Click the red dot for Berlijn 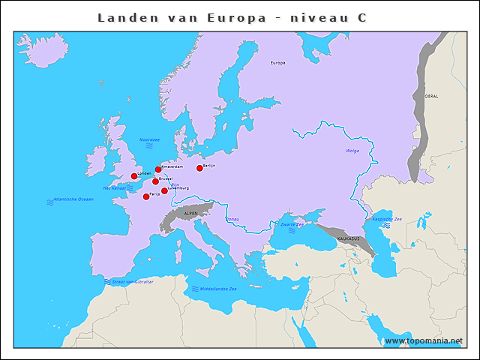click(x=199, y=168)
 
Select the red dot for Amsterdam click(x=158, y=169)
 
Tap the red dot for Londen click(x=134, y=176)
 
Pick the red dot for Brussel click(x=155, y=181)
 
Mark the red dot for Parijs click(x=146, y=196)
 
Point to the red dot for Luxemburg click(x=164, y=190)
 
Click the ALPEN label click(x=190, y=214)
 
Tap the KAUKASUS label click(x=349, y=238)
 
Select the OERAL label click(x=432, y=97)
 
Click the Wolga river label click(x=352, y=151)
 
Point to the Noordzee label click(x=150, y=139)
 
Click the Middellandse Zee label click(x=218, y=289)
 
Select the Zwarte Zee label click(x=292, y=224)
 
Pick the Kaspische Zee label click(x=388, y=218)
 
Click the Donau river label click(x=232, y=219)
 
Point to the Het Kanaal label click(x=118, y=189)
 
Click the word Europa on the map click(x=277, y=63)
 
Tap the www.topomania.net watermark click(x=424, y=341)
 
